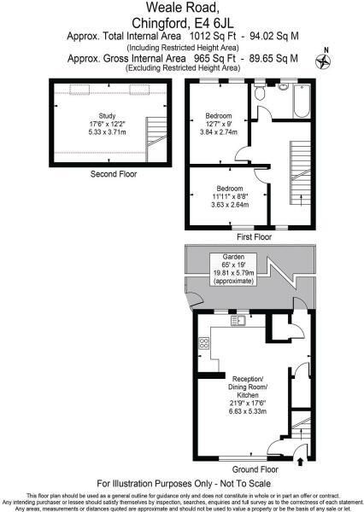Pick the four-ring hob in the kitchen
click(x=205, y=343)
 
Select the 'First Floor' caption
click(x=254, y=236)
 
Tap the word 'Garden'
click(x=234, y=256)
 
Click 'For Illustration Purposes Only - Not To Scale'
click(x=181, y=483)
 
